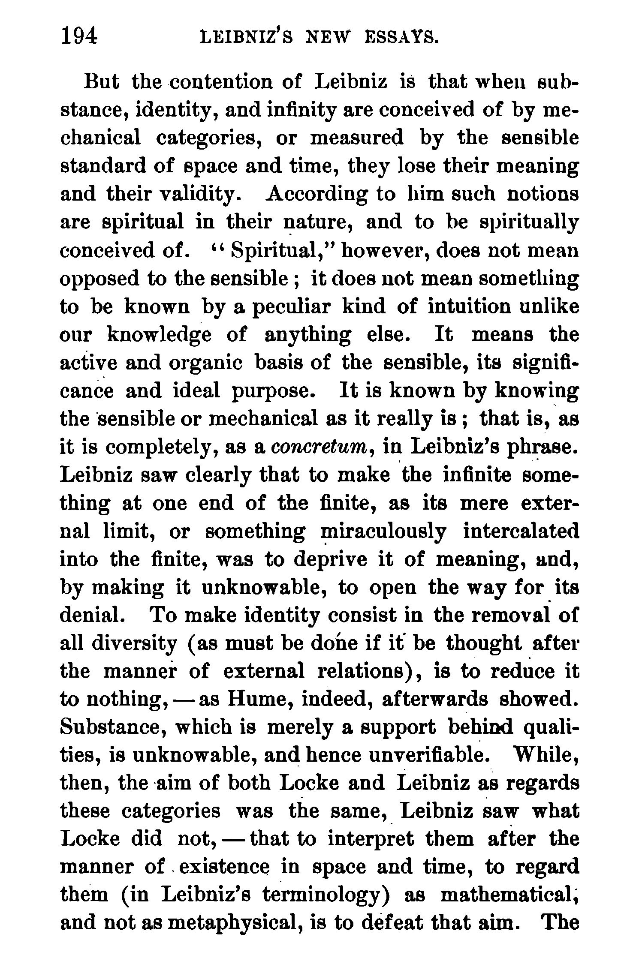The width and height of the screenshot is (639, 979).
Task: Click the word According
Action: tap(316, 194)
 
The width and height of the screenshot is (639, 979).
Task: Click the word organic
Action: tap(206, 363)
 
